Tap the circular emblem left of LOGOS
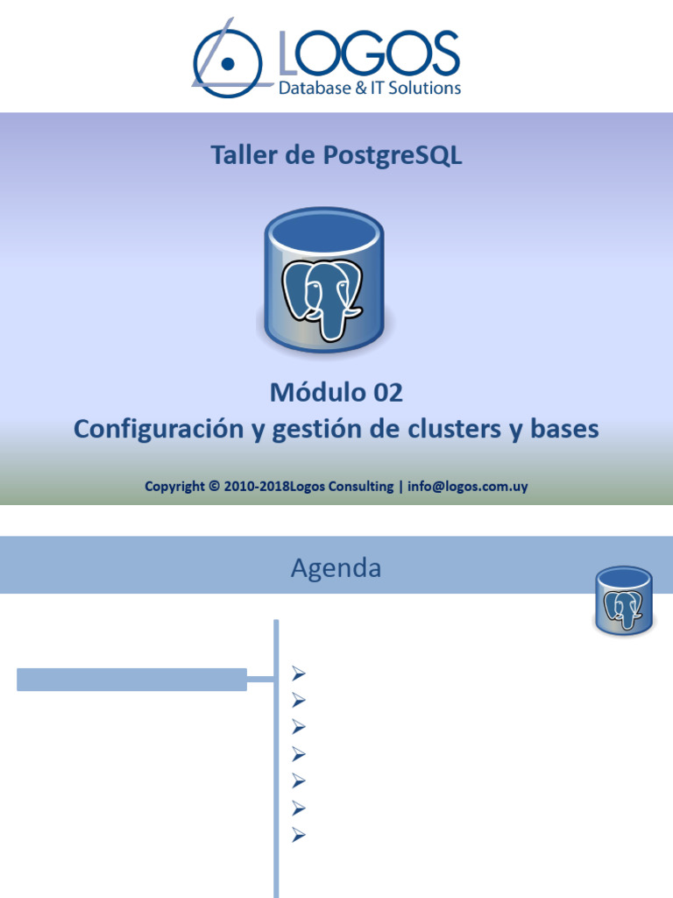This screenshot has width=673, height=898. pyautogui.click(x=227, y=62)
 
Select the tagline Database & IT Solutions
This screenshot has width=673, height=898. pyautogui.click(x=369, y=88)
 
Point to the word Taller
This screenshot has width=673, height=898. pyautogui.click(x=239, y=156)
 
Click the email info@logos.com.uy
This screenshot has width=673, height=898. pyautogui.click(x=468, y=487)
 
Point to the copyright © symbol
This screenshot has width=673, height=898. pyautogui.click(x=215, y=487)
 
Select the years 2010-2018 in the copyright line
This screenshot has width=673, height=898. pyautogui.click(x=252, y=487)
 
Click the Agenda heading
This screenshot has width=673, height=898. pyautogui.click(x=336, y=568)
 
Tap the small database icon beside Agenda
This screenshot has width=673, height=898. pyautogui.click(x=623, y=601)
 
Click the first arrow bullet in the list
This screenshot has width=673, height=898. pyautogui.click(x=298, y=673)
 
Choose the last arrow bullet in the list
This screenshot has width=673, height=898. pyautogui.click(x=298, y=835)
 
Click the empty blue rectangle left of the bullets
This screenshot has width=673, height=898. pyautogui.click(x=131, y=679)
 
